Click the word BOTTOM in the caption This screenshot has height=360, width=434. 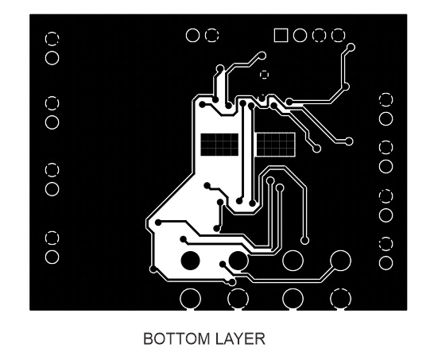(x=176, y=339)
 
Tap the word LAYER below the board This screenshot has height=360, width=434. (x=240, y=339)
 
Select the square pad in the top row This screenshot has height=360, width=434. (x=281, y=36)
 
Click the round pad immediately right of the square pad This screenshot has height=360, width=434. (x=300, y=36)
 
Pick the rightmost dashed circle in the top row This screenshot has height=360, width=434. (x=339, y=36)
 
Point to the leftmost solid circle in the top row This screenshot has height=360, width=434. (x=192, y=36)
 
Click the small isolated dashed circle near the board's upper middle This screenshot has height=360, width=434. (x=265, y=75)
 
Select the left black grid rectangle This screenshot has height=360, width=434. (x=219, y=145)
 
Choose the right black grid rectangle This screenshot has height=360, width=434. (x=276, y=145)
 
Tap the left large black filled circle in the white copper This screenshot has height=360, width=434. (x=190, y=261)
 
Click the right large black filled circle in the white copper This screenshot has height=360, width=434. (x=238, y=261)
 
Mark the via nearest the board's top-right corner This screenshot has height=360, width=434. (x=351, y=48)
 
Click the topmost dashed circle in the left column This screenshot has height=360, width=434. (x=52, y=38)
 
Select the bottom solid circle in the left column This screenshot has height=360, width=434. (x=52, y=257)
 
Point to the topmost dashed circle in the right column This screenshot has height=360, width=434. (x=386, y=99)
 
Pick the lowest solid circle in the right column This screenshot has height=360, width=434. (x=386, y=263)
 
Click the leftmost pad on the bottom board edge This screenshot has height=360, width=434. (x=190, y=299)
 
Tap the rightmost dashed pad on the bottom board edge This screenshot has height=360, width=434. (x=341, y=299)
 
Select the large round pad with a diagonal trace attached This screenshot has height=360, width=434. (x=341, y=261)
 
